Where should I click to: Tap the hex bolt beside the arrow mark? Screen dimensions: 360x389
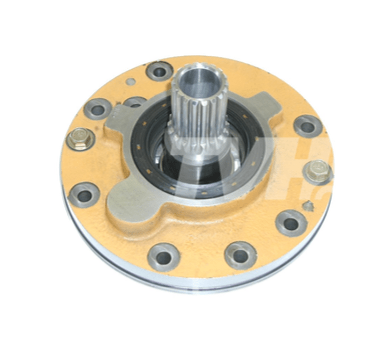click(x=317, y=172)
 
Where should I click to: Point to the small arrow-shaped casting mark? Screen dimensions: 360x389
click(x=308, y=205)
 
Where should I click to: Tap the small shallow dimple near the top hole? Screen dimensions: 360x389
click(x=130, y=82)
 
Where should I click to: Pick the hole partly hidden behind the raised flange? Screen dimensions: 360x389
click(x=134, y=102)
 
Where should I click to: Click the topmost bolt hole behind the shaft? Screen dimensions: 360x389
click(x=160, y=70)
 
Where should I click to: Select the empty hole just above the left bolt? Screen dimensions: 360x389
click(x=98, y=110)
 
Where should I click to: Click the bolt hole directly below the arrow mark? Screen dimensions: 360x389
click(x=291, y=222)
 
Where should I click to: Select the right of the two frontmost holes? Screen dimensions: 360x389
click(x=240, y=255)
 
